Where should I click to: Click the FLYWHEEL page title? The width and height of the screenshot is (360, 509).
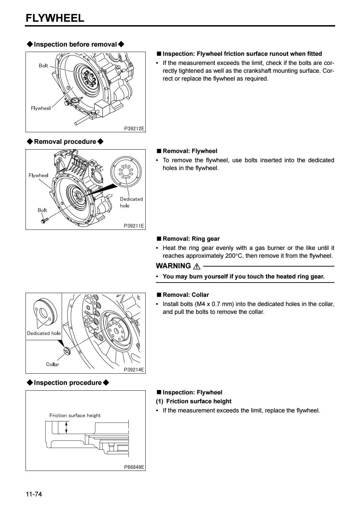55,18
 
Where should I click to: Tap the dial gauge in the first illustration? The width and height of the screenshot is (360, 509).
75,101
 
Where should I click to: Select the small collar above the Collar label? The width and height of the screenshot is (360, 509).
66,351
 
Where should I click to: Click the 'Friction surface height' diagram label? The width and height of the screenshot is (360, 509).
75,415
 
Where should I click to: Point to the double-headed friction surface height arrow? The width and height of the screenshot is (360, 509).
67,427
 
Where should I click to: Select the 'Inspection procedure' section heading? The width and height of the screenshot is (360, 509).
68,383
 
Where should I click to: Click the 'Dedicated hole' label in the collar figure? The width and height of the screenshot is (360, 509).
44,333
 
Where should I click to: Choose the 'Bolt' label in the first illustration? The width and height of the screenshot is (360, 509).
43,66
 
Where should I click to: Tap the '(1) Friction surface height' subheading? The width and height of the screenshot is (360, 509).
193,401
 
